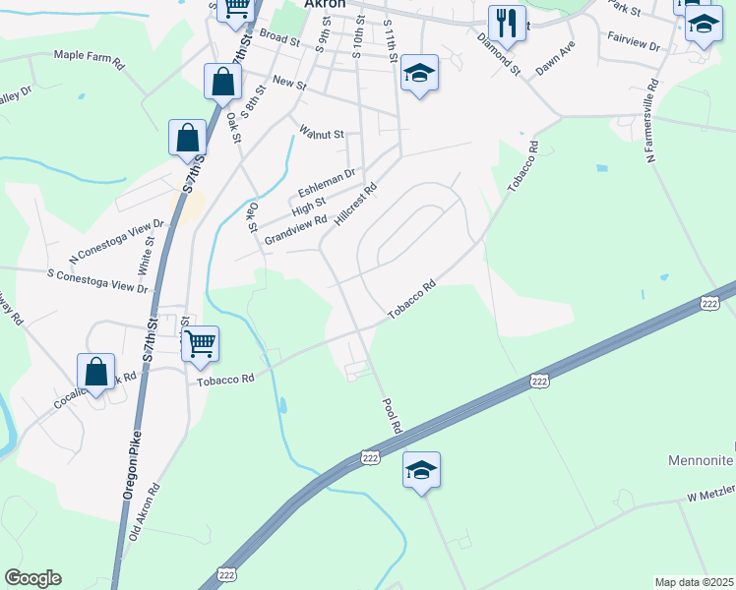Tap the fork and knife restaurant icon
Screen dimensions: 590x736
tap(507, 23)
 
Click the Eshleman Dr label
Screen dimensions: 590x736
tap(327, 183)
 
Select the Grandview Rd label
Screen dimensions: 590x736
tap(288, 232)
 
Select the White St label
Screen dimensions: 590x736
tap(148, 254)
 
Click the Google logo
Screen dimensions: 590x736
tap(32, 578)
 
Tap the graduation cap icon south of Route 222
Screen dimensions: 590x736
tap(421, 470)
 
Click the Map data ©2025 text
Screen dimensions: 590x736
tap(693, 582)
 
